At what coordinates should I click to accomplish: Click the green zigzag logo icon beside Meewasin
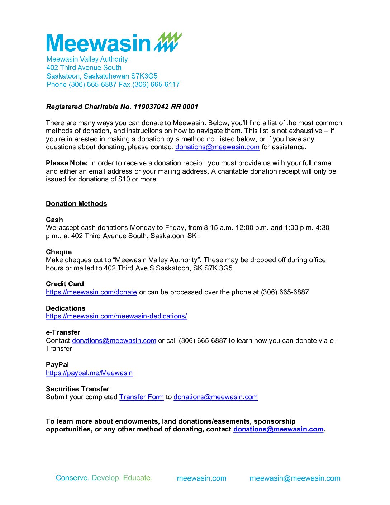point(168,42)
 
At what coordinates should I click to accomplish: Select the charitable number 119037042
point(151,107)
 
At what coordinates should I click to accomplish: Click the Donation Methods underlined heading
point(76,204)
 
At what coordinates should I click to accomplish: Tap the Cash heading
point(54,220)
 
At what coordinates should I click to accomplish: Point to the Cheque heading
point(59,252)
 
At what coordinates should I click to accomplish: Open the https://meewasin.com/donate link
point(91,292)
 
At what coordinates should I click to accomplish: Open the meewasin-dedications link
point(116,316)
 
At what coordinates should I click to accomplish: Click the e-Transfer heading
point(63,332)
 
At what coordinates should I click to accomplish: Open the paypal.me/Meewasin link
point(89,373)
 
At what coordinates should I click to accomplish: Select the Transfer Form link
point(142,397)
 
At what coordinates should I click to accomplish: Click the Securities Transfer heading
point(77,389)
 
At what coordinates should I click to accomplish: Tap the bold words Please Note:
point(67,163)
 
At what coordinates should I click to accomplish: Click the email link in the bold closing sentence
point(278,429)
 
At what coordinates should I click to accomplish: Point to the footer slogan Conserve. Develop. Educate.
point(104,478)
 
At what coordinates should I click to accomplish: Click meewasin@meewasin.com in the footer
point(295,478)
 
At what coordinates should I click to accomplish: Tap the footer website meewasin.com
point(201,478)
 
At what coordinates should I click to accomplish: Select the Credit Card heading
point(65,284)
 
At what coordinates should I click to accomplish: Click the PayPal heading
point(57,364)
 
